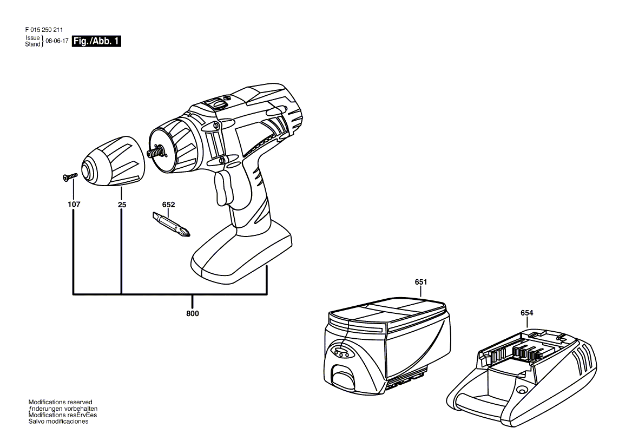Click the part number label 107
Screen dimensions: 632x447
point(74,205)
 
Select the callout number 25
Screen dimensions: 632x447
point(122,205)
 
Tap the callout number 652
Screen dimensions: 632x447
point(168,205)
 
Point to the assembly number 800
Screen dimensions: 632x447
point(192,313)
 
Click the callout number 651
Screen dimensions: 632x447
point(421,282)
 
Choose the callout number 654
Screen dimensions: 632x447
point(527,313)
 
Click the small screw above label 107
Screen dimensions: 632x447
point(70,176)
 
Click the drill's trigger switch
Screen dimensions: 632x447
point(224,187)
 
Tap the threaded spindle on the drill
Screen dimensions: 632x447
point(158,153)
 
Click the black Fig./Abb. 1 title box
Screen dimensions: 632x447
point(96,41)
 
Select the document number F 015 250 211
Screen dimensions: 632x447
point(44,30)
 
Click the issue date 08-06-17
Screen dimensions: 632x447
point(57,41)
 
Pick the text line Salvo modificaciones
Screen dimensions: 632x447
point(58,422)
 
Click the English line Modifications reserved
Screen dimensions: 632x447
point(61,402)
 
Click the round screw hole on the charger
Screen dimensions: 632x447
point(522,390)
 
